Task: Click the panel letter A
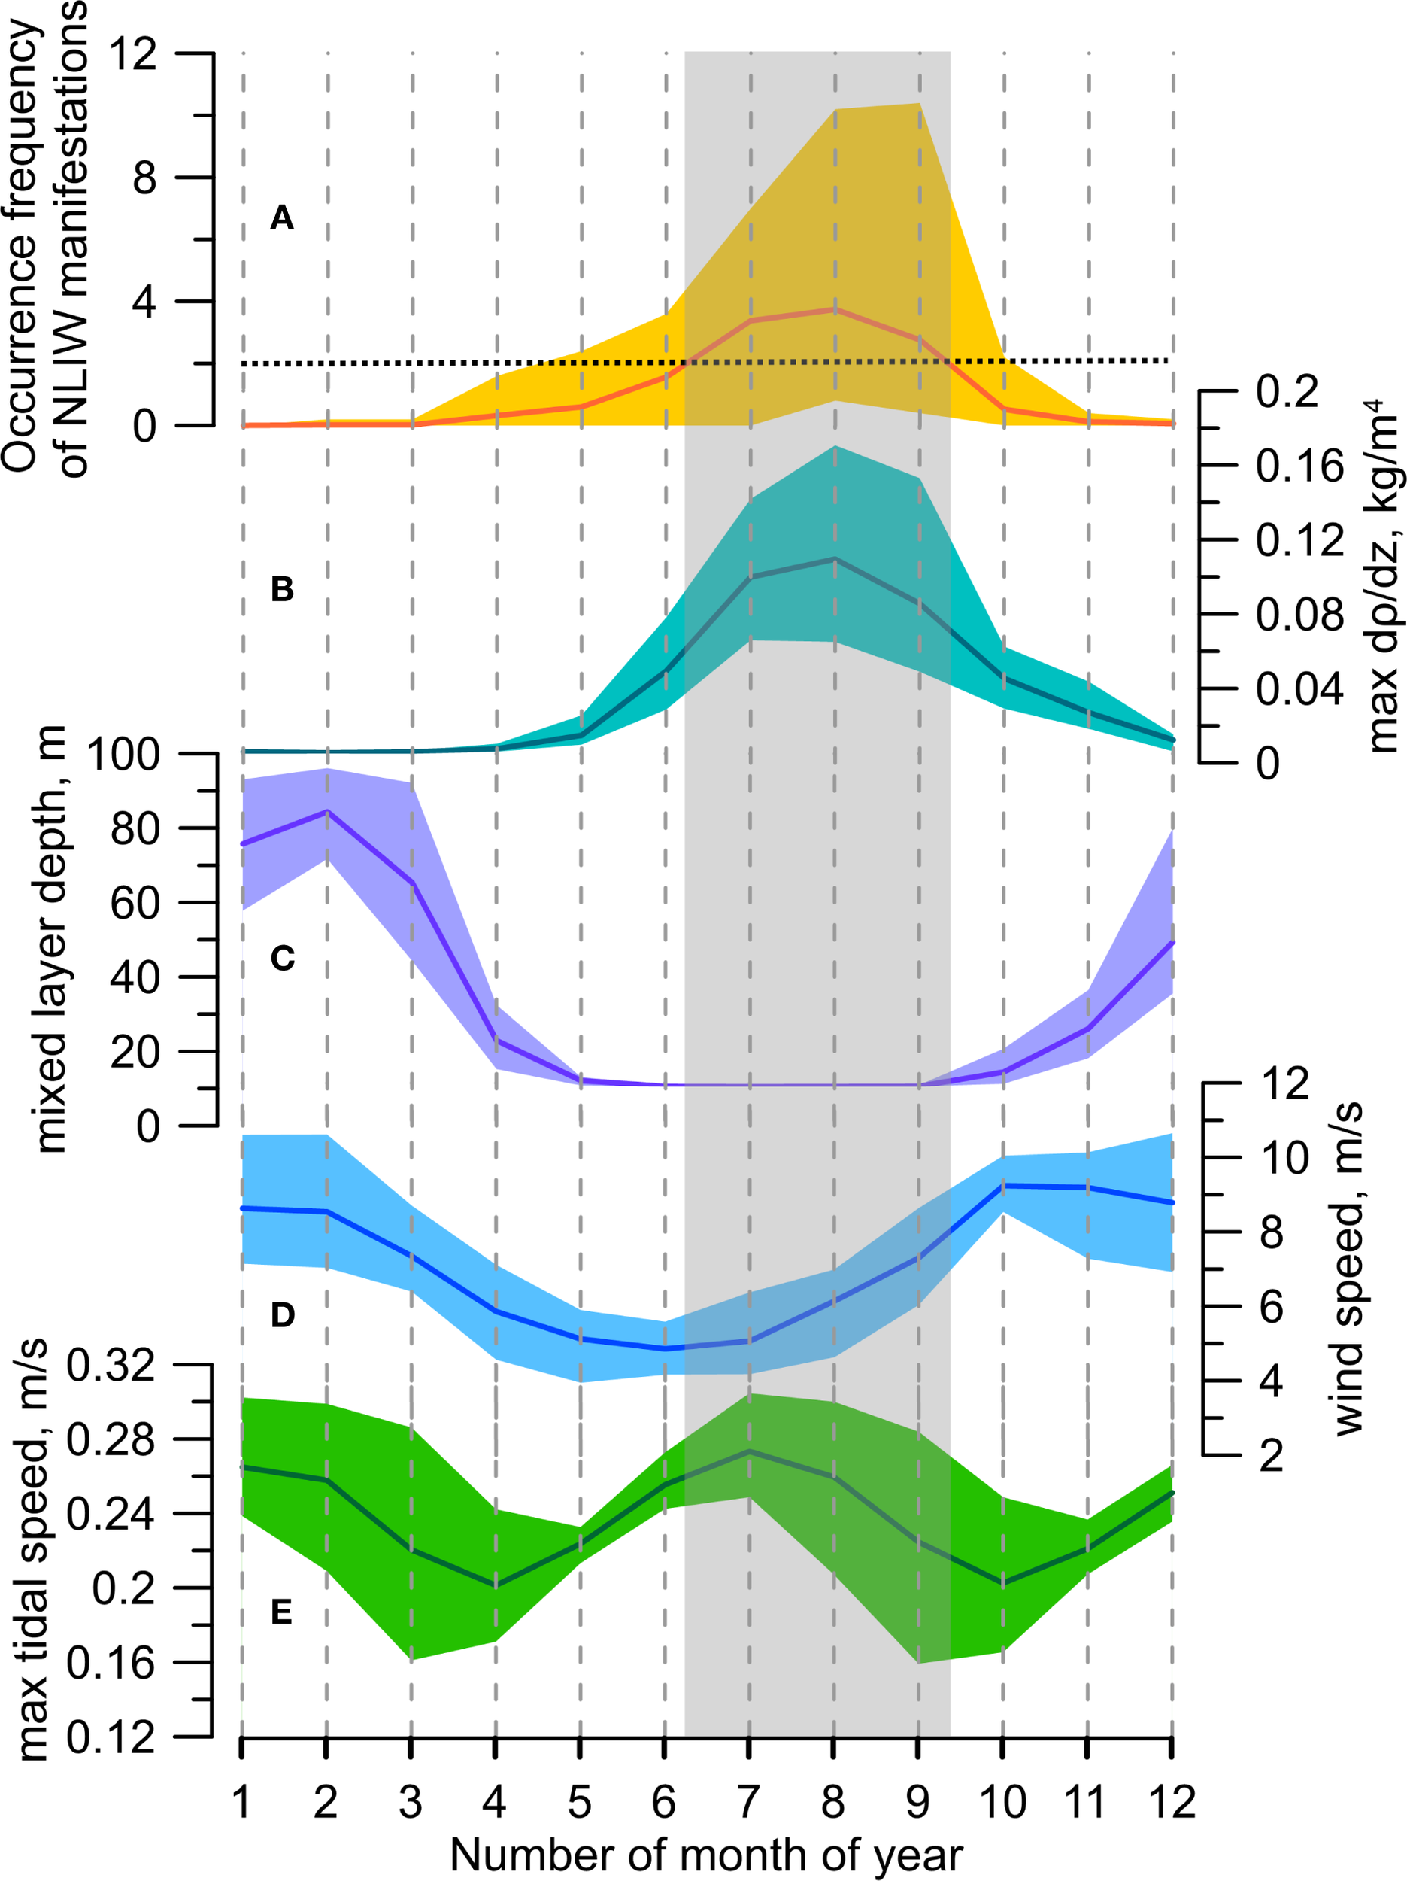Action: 281,218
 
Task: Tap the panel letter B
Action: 281,589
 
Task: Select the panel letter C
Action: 281,958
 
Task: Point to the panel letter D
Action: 281,1315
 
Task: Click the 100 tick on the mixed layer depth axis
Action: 123,754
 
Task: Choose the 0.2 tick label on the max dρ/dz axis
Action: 1287,392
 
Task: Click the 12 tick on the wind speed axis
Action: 1284,1084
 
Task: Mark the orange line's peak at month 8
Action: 834,309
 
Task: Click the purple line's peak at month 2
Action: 326,811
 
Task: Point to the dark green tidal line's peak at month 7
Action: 749,1451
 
